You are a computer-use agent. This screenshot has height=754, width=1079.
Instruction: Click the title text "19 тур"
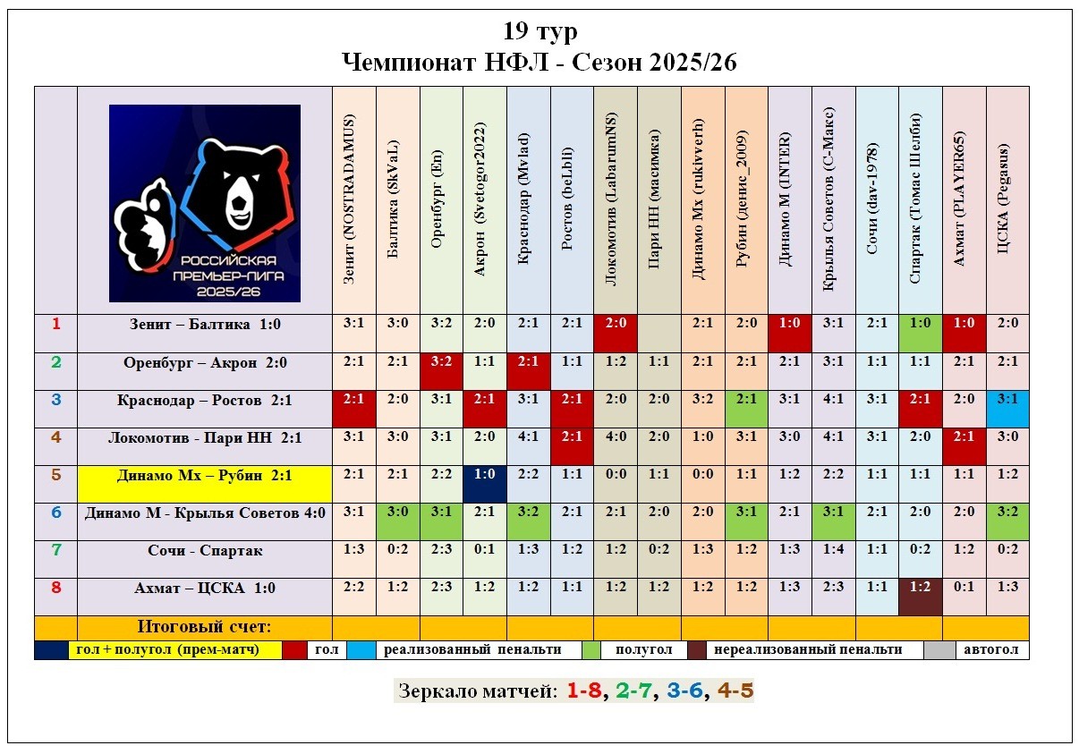coord(539,32)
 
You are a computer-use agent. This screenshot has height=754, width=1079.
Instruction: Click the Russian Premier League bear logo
coord(205,203)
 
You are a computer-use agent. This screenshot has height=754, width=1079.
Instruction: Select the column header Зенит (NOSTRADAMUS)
coord(353,199)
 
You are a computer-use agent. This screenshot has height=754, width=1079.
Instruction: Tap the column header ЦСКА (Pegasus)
coord(1007,199)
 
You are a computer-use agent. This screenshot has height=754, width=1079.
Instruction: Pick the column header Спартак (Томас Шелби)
coord(920,199)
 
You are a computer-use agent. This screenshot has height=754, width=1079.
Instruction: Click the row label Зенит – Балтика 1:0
coord(204,325)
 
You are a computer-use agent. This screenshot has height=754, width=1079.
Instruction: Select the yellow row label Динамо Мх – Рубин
coord(204,476)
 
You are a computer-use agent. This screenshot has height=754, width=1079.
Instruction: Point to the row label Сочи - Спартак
coord(204,551)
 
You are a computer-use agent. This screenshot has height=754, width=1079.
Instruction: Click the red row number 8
coord(55,588)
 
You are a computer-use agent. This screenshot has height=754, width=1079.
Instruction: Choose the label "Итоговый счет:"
coord(204,626)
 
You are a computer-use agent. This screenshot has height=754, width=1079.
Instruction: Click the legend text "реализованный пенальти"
coord(472,650)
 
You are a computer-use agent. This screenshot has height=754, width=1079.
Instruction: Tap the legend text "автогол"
coord(990,650)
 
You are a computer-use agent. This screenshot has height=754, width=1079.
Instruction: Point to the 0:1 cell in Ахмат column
coord(964,588)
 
